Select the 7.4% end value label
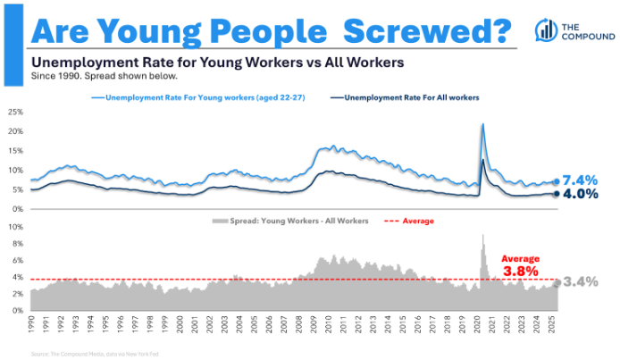(x=581, y=180)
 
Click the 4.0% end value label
(x=581, y=194)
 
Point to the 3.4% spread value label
(x=582, y=281)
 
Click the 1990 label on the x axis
(x=31, y=324)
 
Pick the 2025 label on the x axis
(x=553, y=324)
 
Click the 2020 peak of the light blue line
(x=482, y=124)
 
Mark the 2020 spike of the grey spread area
(x=483, y=237)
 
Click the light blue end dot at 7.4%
(x=556, y=181)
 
